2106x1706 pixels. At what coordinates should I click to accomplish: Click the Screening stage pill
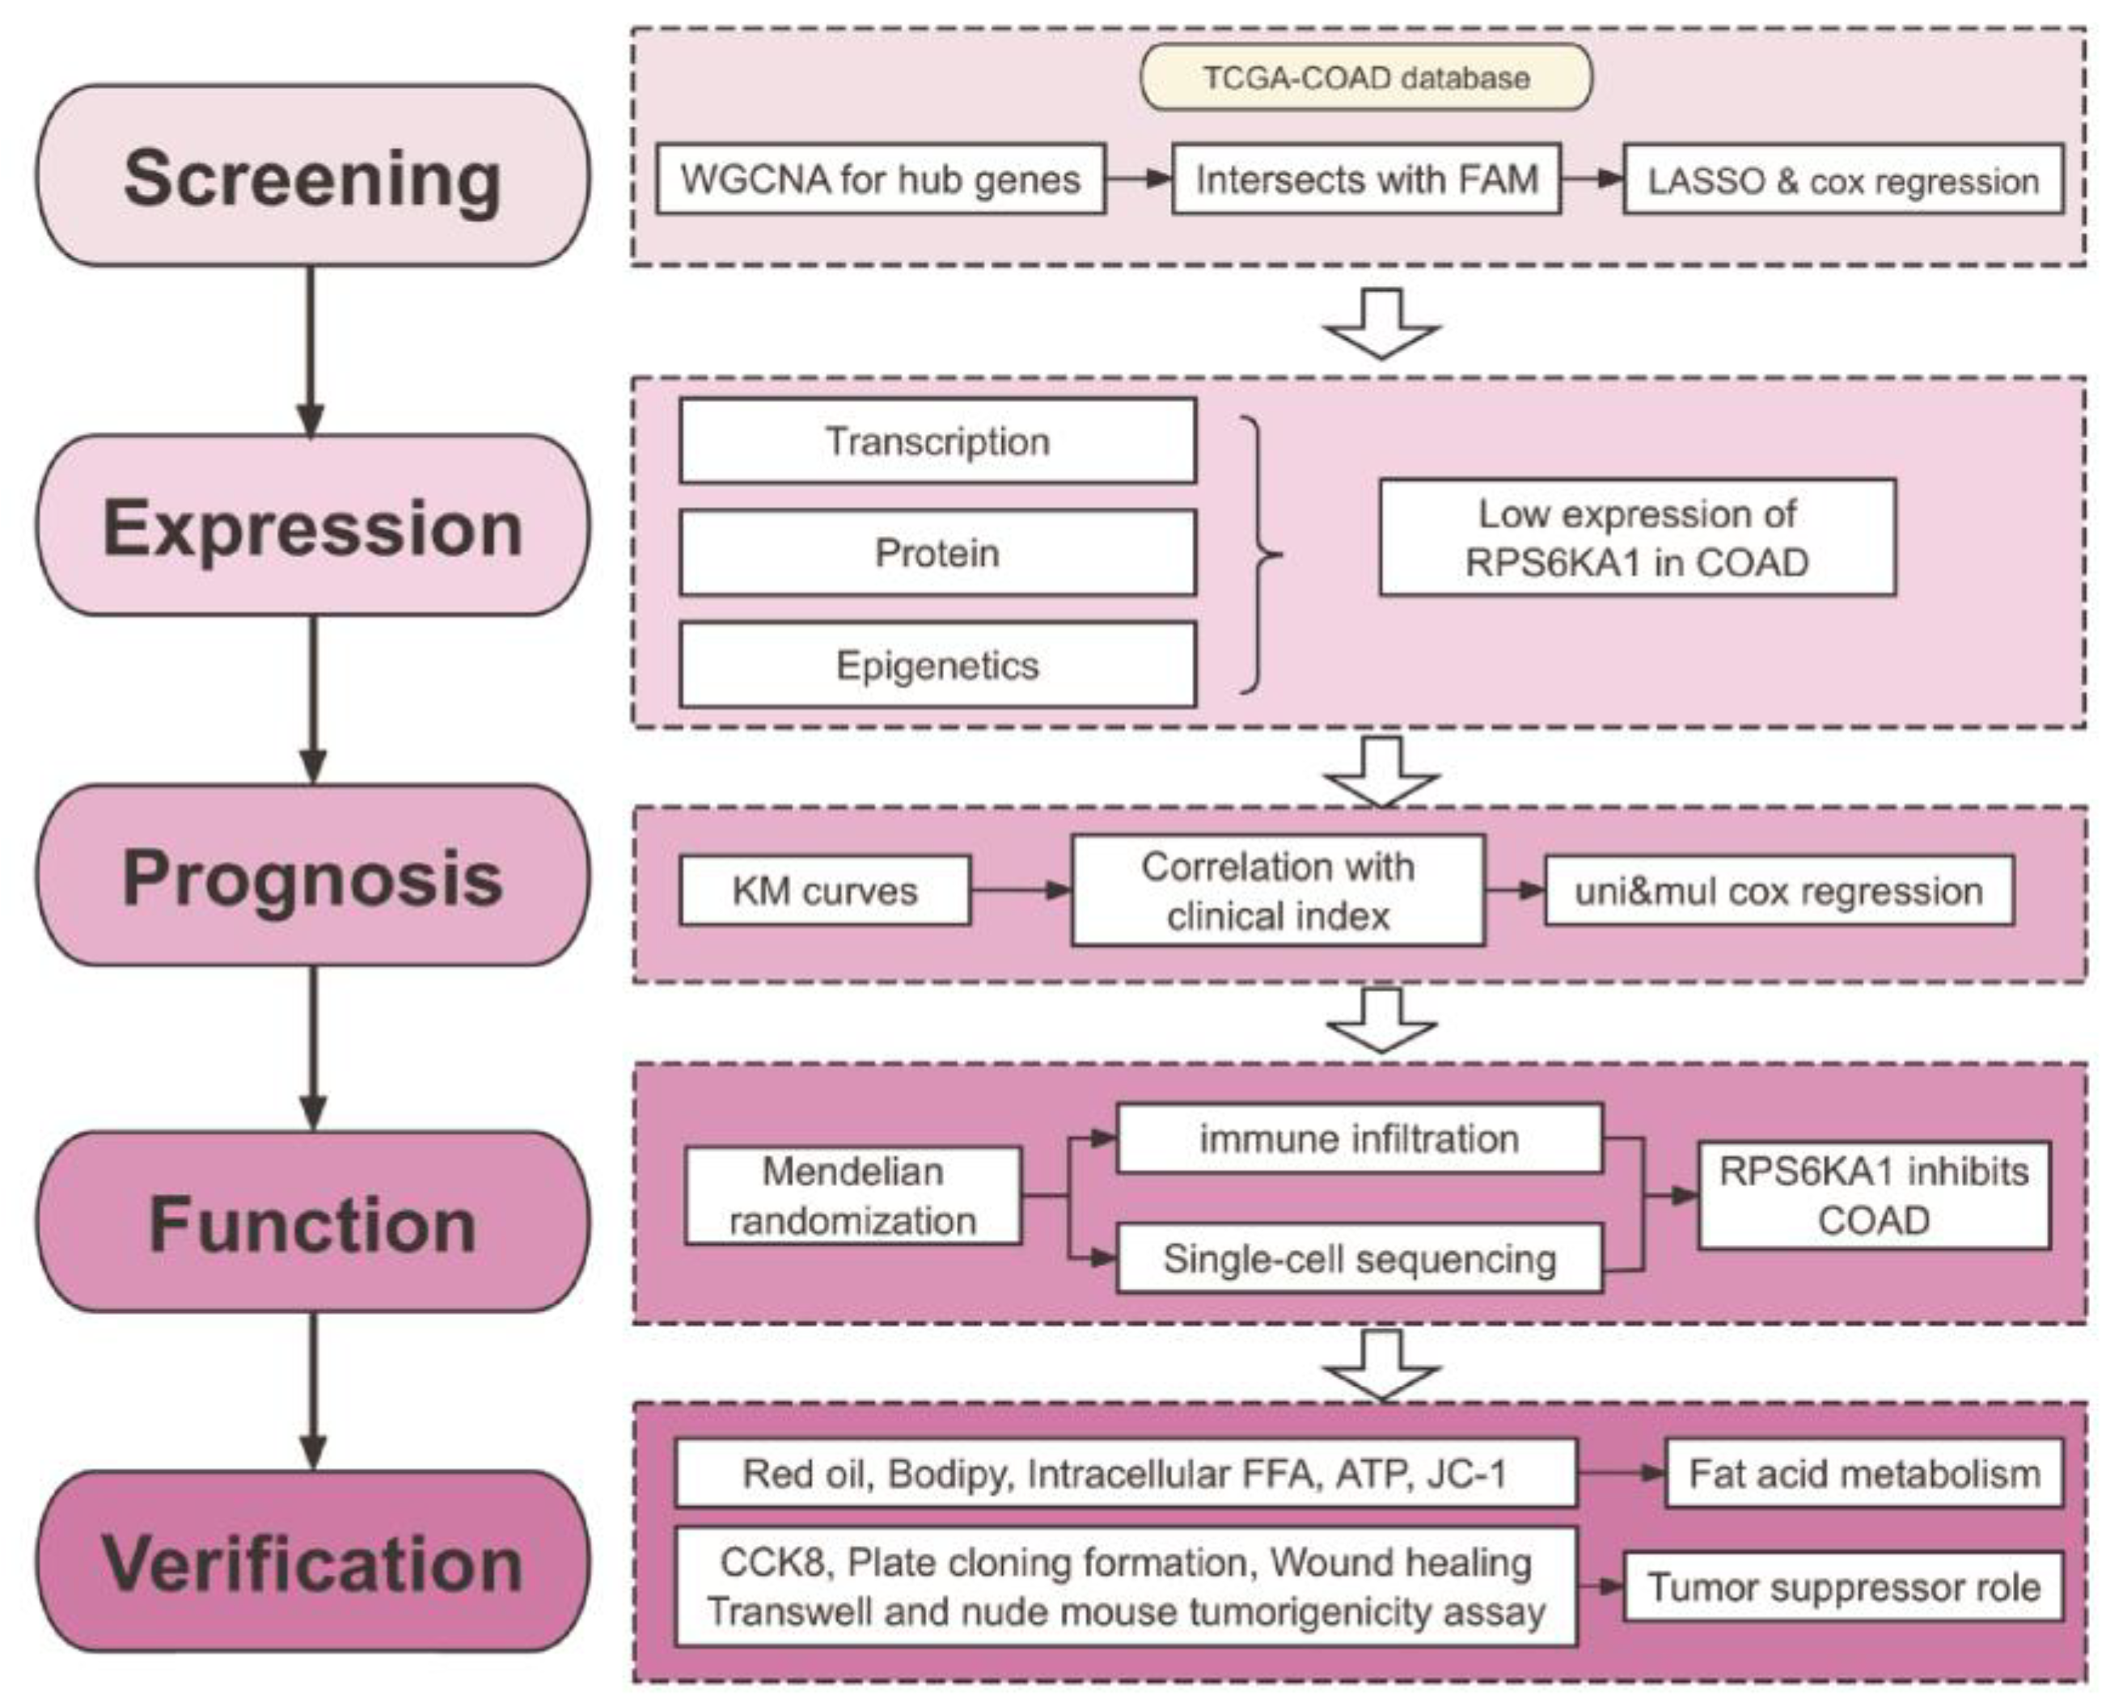(312, 176)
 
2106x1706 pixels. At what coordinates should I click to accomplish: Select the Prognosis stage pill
(312, 876)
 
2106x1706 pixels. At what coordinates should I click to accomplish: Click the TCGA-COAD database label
(1365, 78)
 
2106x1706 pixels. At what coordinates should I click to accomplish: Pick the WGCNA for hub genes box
(881, 179)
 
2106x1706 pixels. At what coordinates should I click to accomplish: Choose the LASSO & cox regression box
(1842, 179)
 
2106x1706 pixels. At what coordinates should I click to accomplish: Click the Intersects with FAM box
(1366, 179)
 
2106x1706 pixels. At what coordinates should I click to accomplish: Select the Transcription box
(937, 441)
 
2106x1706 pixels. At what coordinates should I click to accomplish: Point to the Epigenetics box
(937, 665)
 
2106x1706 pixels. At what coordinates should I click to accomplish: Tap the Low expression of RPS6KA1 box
(1637, 538)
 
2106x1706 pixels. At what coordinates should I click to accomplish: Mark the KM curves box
(824, 890)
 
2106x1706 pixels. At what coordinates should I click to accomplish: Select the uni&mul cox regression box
(1778, 890)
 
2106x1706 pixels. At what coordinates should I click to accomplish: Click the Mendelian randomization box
(852, 1196)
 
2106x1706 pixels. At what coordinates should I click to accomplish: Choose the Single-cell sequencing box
(1360, 1258)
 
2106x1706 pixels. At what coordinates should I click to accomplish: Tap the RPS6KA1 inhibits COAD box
(1874, 1196)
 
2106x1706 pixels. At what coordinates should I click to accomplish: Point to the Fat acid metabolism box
(1864, 1473)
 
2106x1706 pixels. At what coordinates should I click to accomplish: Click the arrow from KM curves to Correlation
(1020, 890)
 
